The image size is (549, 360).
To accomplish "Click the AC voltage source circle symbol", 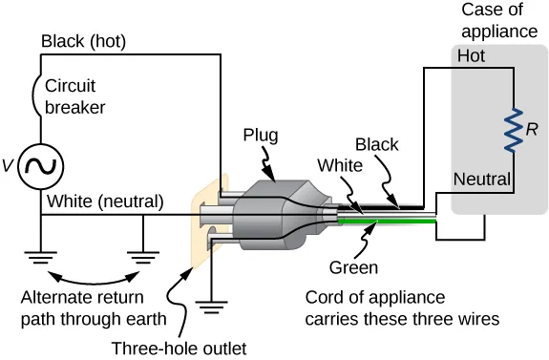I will point(41,165).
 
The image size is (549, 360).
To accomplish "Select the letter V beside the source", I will point(9,166).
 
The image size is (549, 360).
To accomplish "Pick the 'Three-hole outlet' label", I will point(179,348).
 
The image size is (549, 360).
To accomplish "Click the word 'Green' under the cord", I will point(352,267).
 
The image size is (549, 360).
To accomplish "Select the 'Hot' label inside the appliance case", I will point(471,56).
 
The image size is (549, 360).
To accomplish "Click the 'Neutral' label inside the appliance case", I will point(482,179).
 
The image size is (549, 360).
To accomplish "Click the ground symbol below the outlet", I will point(208,307).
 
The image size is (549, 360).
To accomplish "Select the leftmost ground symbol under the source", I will point(41,257).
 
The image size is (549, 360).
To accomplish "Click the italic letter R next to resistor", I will point(533,127).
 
